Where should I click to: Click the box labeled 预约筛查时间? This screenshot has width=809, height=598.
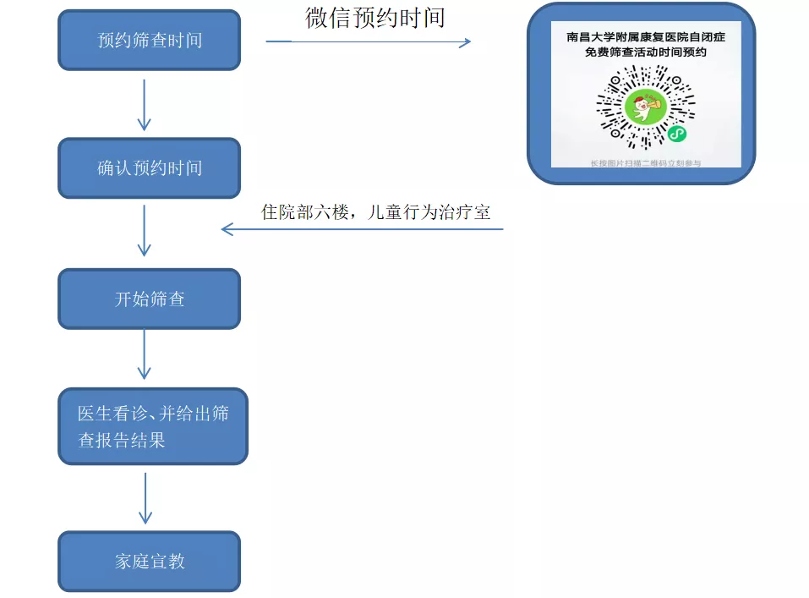pos(150,40)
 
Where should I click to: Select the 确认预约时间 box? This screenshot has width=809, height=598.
pos(150,167)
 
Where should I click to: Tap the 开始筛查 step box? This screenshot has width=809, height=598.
pos(150,299)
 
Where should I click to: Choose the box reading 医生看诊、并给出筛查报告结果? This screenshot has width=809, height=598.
pos(153,426)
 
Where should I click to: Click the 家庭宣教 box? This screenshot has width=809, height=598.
pos(150,561)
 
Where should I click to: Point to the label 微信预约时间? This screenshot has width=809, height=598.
pos(375,17)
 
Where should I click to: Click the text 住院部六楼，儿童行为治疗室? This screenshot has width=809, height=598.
pos(375,212)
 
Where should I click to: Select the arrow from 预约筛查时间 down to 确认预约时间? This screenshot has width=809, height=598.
pos(145,104)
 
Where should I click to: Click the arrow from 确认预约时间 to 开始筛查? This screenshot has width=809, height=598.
pos(145,229)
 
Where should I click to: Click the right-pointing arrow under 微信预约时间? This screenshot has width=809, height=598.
pos(369,41)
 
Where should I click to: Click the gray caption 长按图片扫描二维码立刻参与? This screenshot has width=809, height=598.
pos(645,162)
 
